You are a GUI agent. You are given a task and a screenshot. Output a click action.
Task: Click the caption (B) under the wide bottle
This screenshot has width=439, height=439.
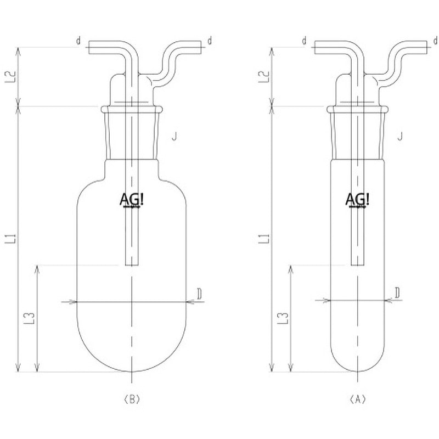(x=132, y=399)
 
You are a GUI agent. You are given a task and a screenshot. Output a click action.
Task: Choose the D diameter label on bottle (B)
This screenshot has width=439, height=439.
(x=200, y=295)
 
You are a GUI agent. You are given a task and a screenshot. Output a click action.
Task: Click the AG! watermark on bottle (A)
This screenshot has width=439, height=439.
(x=358, y=200)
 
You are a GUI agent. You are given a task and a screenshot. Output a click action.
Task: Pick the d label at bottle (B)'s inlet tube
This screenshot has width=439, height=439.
(x=79, y=41)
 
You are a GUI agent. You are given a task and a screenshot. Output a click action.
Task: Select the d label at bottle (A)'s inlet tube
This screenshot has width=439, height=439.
(x=305, y=41)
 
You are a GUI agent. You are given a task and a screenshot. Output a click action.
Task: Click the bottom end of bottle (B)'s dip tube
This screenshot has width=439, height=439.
(x=132, y=266)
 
